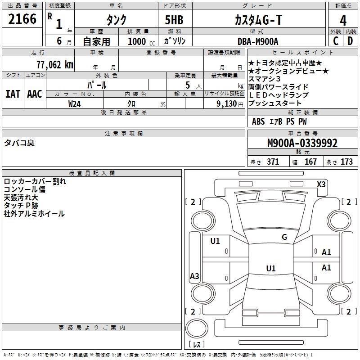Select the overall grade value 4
coord(343,20)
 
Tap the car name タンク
coord(116,20)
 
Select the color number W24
coord(75,103)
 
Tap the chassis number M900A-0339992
coord(302,143)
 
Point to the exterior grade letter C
coord(336,41)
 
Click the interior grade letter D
coord(350,41)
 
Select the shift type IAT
coord(13,94)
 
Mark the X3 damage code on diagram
coord(321,184)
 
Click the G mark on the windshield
coord(284,237)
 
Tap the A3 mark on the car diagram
coord(194,276)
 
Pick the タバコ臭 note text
coord(19,143)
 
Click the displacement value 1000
coord(137,41)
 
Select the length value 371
coord(273,162)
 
